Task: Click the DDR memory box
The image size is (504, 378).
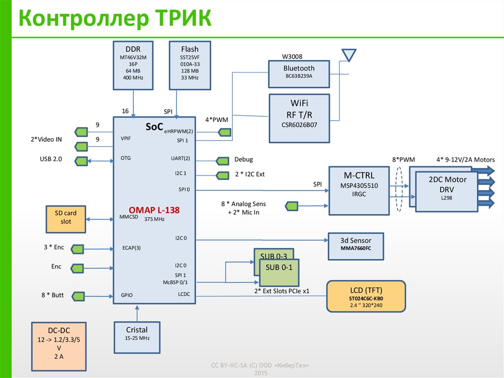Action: pyautogui.click(x=132, y=66)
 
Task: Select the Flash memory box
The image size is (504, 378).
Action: pyautogui.click(x=189, y=66)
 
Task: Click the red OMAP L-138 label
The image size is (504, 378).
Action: pyautogui.click(x=155, y=209)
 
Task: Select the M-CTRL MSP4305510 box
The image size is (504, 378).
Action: pyautogui.click(x=358, y=190)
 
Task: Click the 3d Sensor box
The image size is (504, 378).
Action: pyautogui.click(x=355, y=245)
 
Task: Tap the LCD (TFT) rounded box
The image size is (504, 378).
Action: pyautogui.click(x=366, y=296)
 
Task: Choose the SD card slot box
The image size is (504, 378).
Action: pyautogui.click(x=65, y=218)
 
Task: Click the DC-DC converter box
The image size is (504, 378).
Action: pyautogui.click(x=59, y=346)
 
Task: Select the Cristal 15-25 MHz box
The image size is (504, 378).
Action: pyautogui.click(x=137, y=337)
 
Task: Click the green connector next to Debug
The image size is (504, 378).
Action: pyautogui.click(x=222, y=161)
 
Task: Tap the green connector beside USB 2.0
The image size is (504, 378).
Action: pyautogui.click(x=81, y=161)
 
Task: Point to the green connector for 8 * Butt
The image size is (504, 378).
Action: pyautogui.click(x=78, y=295)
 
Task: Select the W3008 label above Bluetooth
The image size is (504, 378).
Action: pyautogui.click(x=292, y=56)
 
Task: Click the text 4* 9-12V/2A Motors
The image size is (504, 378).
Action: pyautogui.click(x=465, y=160)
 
